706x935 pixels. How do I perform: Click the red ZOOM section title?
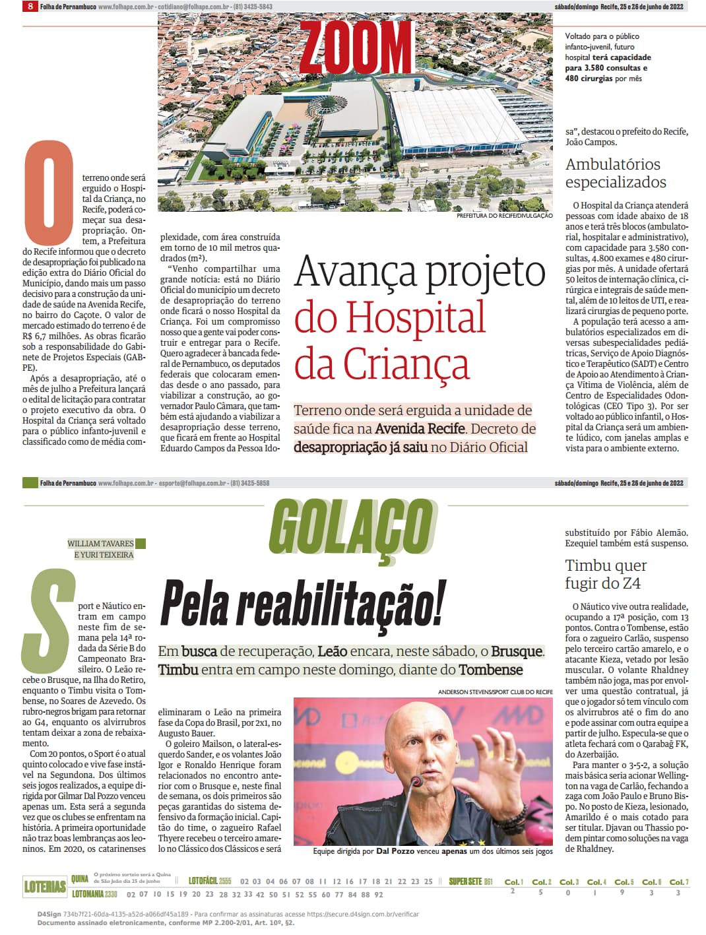pos(357,46)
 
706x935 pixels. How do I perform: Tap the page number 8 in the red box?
pos(29,7)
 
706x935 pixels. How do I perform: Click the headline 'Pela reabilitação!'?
pos(303,602)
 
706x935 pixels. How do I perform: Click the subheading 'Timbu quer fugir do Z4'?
pos(606,574)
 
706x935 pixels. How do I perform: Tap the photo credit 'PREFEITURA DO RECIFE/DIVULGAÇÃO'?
pos(504,216)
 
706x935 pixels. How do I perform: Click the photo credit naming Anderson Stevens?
pos(495,692)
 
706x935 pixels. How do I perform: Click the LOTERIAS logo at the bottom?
pos(45,886)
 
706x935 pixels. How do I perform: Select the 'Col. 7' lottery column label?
pos(678,882)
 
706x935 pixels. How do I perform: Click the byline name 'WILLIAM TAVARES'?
pos(100,544)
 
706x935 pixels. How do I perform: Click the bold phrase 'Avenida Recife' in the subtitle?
pos(420,429)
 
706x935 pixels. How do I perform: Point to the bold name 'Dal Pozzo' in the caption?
pos(395,851)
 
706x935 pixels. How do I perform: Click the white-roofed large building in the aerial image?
pos(462,119)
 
